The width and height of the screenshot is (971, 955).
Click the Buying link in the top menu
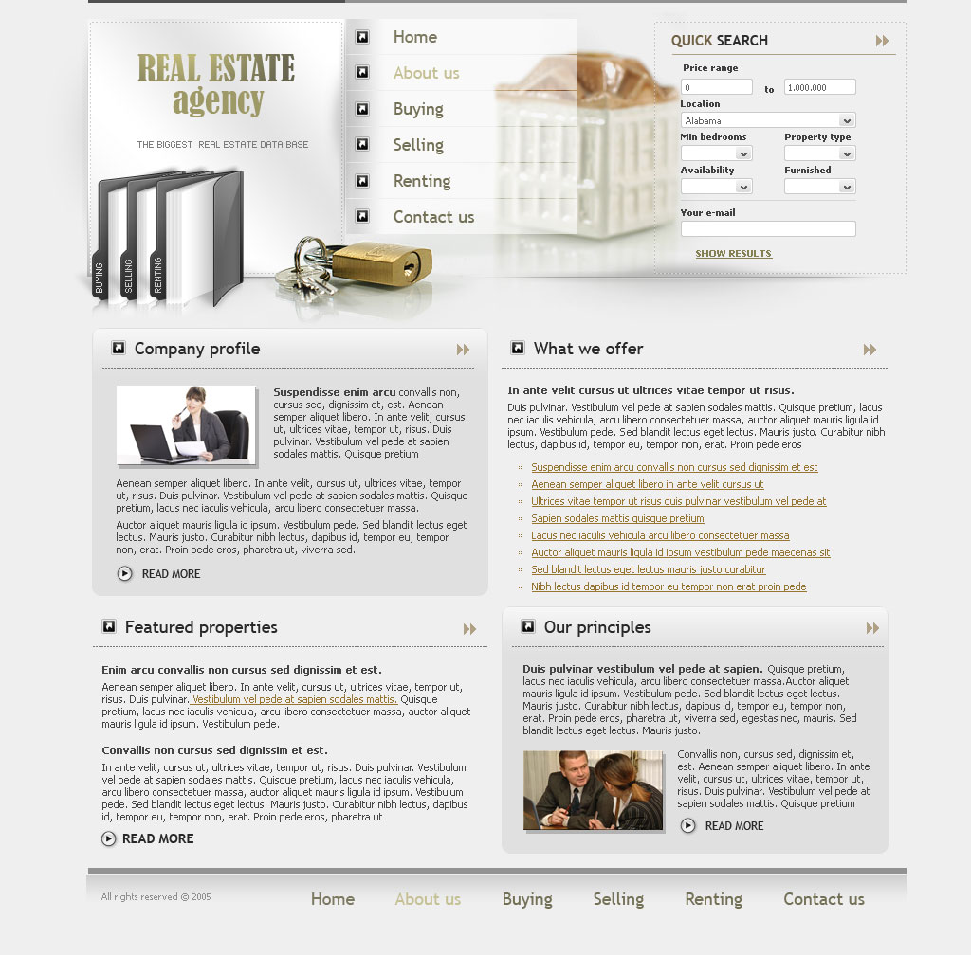pyautogui.click(x=418, y=110)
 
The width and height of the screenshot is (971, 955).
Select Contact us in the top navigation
pyautogui.click(x=433, y=217)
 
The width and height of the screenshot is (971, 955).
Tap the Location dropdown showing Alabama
pyautogui.click(x=768, y=120)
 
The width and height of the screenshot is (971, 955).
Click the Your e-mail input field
pyautogui.click(x=768, y=229)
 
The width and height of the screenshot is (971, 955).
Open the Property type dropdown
pyautogui.click(x=820, y=153)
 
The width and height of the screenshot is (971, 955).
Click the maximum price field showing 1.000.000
pyautogui.click(x=820, y=87)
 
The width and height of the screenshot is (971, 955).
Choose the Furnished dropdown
pyautogui.click(x=820, y=187)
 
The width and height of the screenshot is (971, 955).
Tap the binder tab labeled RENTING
pyautogui.click(x=158, y=275)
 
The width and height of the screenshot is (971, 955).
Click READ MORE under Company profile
pyautogui.click(x=171, y=574)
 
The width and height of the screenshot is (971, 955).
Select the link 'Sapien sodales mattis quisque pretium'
pyautogui.click(x=617, y=518)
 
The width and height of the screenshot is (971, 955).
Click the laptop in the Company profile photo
pyautogui.click(x=155, y=443)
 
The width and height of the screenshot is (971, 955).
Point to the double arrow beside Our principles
pyautogui.click(x=872, y=628)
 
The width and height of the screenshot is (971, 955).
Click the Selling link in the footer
pyautogui.click(x=618, y=899)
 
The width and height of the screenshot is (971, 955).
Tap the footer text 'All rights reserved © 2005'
pyautogui.click(x=156, y=897)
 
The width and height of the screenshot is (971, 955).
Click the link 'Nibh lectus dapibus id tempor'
pyautogui.click(x=669, y=586)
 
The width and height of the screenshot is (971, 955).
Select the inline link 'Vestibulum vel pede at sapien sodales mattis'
pyautogui.click(x=294, y=699)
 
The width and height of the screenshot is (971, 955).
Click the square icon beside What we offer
pyautogui.click(x=518, y=348)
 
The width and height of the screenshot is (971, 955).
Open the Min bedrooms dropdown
pyautogui.click(x=717, y=153)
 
